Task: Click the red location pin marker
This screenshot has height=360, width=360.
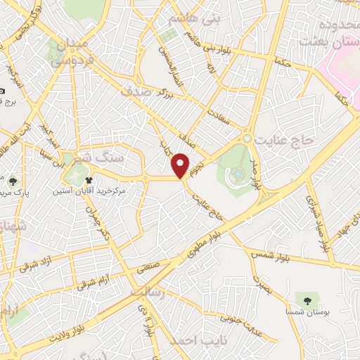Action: point(181,165)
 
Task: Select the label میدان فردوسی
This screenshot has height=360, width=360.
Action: point(70,52)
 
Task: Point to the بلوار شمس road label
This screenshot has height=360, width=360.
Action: point(269,253)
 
